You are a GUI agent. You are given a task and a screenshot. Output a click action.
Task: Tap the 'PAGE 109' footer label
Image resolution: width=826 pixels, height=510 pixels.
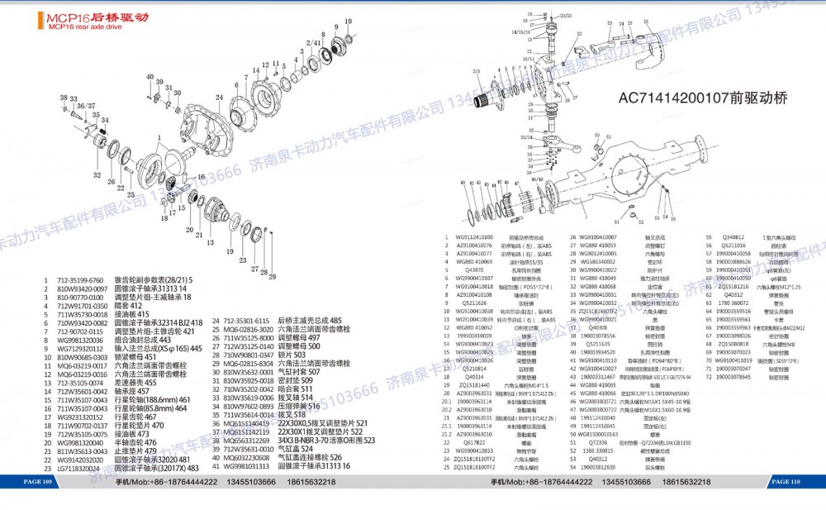[38, 481]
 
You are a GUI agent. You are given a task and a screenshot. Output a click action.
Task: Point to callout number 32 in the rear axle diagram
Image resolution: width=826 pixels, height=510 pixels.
[97, 176]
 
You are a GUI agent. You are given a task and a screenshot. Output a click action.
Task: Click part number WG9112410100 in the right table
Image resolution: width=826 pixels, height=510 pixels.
[474, 237]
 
